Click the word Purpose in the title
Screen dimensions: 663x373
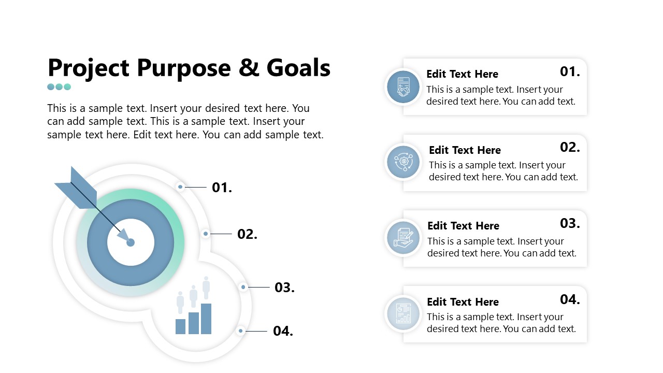pyautogui.click(x=183, y=68)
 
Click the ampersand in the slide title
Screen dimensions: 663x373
pyautogui.click(x=249, y=67)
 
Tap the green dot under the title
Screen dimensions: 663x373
pyautogui.click(x=67, y=87)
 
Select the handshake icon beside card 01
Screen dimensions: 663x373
pyautogui.click(x=403, y=87)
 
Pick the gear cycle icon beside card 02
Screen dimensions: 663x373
pyautogui.click(x=403, y=162)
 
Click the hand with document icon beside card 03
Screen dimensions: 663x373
pyautogui.click(x=403, y=238)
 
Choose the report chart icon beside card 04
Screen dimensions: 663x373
pyautogui.click(x=403, y=313)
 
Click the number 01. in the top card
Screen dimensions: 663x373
pyautogui.click(x=570, y=71)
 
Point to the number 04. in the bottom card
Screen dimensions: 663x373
pyautogui.click(x=570, y=299)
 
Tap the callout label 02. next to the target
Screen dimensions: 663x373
pyautogui.click(x=248, y=234)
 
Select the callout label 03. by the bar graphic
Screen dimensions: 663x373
pyautogui.click(x=284, y=288)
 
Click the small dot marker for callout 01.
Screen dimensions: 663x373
pyautogui.click(x=180, y=187)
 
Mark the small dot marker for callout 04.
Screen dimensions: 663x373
pyautogui.click(x=241, y=331)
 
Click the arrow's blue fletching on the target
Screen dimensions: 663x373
pyautogui.click(x=78, y=190)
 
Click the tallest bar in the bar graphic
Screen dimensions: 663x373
pyautogui.click(x=206, y=319)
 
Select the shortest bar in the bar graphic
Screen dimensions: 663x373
pyautogui.click(x=180, y=326)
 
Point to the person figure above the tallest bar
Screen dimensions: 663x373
pyautogui.click(x=206, y=288)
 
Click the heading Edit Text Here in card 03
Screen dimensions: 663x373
pyautogui.click(x=463, y=226)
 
